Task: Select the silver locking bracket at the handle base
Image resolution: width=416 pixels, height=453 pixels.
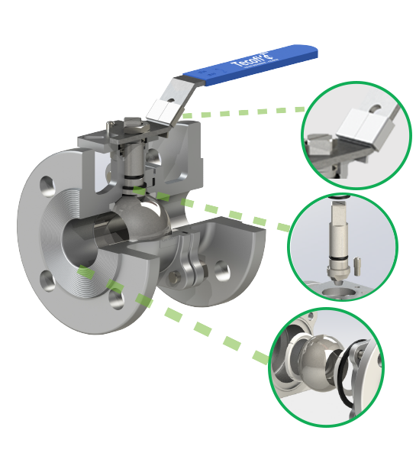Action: coord(165,111)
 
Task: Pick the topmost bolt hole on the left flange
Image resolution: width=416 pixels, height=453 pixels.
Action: coord(47,185)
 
